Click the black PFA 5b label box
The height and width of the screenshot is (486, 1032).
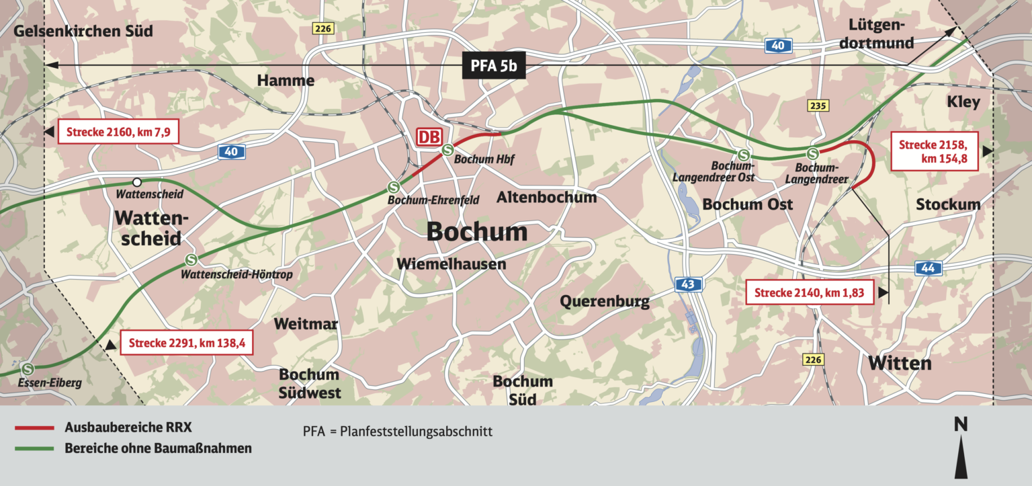(493, 67)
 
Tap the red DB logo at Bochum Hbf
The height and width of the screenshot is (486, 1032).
(429, 138)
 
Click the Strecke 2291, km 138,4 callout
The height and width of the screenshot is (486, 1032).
(187, 343)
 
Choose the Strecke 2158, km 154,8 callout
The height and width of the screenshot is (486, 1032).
(933, 152)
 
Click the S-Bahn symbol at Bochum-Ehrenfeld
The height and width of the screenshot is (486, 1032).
(394, 187)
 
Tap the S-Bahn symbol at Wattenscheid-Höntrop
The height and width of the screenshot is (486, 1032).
(191, 259)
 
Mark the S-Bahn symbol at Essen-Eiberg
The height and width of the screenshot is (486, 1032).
(28, 369)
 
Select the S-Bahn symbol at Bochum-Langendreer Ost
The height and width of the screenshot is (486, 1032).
(742, 155)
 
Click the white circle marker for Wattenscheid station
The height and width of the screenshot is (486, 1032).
(137, 182)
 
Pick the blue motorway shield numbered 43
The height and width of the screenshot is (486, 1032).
(687, 285)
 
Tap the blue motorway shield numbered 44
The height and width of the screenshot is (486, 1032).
(929, 269)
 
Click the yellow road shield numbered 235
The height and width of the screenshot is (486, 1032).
(818, 106)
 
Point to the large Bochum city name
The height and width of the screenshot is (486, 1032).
(477, 232)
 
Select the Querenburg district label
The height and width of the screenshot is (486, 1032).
(605, 301)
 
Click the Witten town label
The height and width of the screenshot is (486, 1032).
(900, 364)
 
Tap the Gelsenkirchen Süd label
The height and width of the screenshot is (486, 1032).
(84, 31)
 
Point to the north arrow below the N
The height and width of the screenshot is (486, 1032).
(961, 456)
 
